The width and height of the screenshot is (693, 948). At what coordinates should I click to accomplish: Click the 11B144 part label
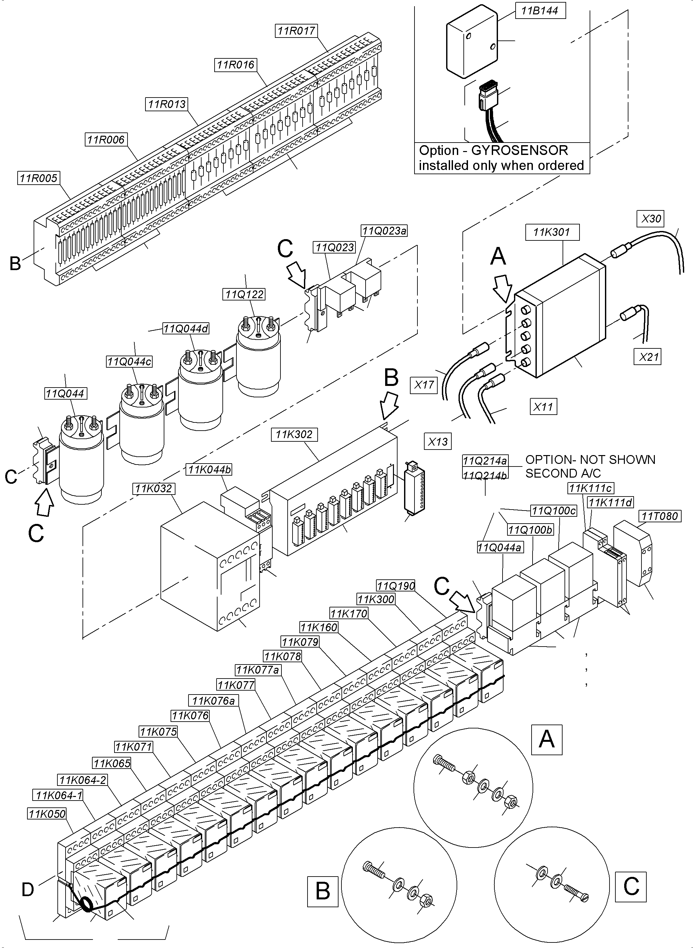[x=539, y=11]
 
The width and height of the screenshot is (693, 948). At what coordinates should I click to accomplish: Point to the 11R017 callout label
[x=296, y=31]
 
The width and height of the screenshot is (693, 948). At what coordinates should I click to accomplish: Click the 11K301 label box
[x=552, y=232]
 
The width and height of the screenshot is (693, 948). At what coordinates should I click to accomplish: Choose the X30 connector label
[x=651, y=218]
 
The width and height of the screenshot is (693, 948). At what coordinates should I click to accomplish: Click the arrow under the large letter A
[x=503, y=288]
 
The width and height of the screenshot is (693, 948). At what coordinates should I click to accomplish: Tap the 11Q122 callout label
[x=244, y=294]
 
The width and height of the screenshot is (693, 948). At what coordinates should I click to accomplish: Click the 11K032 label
[x=154, y=488]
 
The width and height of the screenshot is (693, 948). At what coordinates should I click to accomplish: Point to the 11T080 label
[x=660, y=516]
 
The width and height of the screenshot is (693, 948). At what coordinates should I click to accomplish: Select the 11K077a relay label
[x=258, y=670]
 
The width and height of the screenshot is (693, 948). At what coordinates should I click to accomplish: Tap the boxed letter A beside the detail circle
[x=546, y=739]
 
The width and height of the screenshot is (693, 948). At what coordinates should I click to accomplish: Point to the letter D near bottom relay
[x=28, y=889]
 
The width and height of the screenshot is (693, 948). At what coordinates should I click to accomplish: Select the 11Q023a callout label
[x=384, y=231]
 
